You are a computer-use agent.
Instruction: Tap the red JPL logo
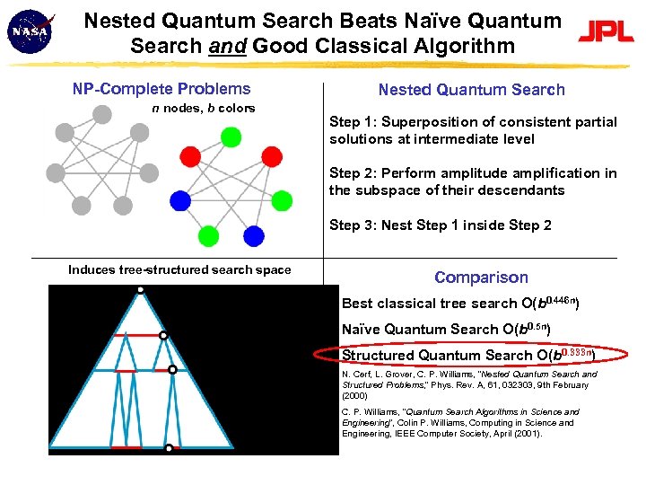(605, 32)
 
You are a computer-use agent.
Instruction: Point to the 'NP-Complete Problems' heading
(161, 89)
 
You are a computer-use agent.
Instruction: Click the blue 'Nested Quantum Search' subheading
(471, 89)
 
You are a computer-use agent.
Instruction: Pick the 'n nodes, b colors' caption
(203, 108)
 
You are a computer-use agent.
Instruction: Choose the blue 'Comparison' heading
(481, 278)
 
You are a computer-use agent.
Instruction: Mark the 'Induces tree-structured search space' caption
(179, 269)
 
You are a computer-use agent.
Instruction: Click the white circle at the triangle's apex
(140, 289)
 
